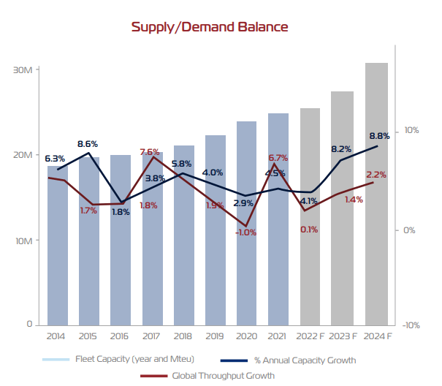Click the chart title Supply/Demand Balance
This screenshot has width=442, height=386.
210,27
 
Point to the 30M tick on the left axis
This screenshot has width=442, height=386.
23,70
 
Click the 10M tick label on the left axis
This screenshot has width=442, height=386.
23,240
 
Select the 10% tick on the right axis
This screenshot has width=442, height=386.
410,131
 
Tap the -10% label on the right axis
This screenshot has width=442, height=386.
410,325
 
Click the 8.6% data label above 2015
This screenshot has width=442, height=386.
88,143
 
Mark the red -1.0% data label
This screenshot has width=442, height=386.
246,232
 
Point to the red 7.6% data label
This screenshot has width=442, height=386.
150,152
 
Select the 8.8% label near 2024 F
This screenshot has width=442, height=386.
379,136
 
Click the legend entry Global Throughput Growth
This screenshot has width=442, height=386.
223,376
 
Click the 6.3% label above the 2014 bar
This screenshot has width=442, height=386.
55,158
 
